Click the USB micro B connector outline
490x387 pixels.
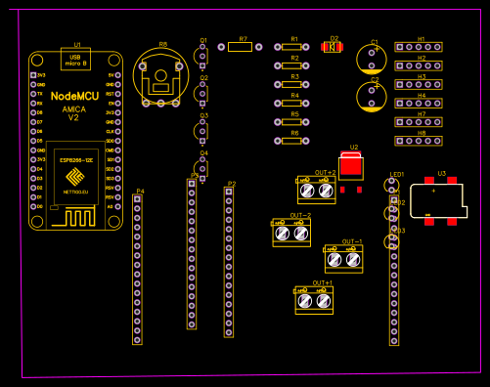click(x=75, y=60)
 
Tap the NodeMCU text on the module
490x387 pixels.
click(x=74, y=96)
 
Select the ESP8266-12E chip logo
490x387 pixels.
click(x=75, y=177)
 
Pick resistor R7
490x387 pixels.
click(x=240, y=47)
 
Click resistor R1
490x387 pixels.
click(x=293, y=47)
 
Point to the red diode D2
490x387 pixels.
click(x=333, y=47)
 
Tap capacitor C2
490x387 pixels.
click(x=371, y=96)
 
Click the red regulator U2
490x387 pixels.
click(x=350, y=167)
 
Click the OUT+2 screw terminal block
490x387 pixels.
click(x=316, y=190)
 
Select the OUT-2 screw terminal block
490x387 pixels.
click(x=291, y=233)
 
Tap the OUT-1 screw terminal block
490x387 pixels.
click(x=343, y=259)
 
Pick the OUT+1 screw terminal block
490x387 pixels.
click(x=314, y=300)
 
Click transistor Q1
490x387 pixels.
click(x=201, y=56)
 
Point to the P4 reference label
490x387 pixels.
click(x=140, y=191)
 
